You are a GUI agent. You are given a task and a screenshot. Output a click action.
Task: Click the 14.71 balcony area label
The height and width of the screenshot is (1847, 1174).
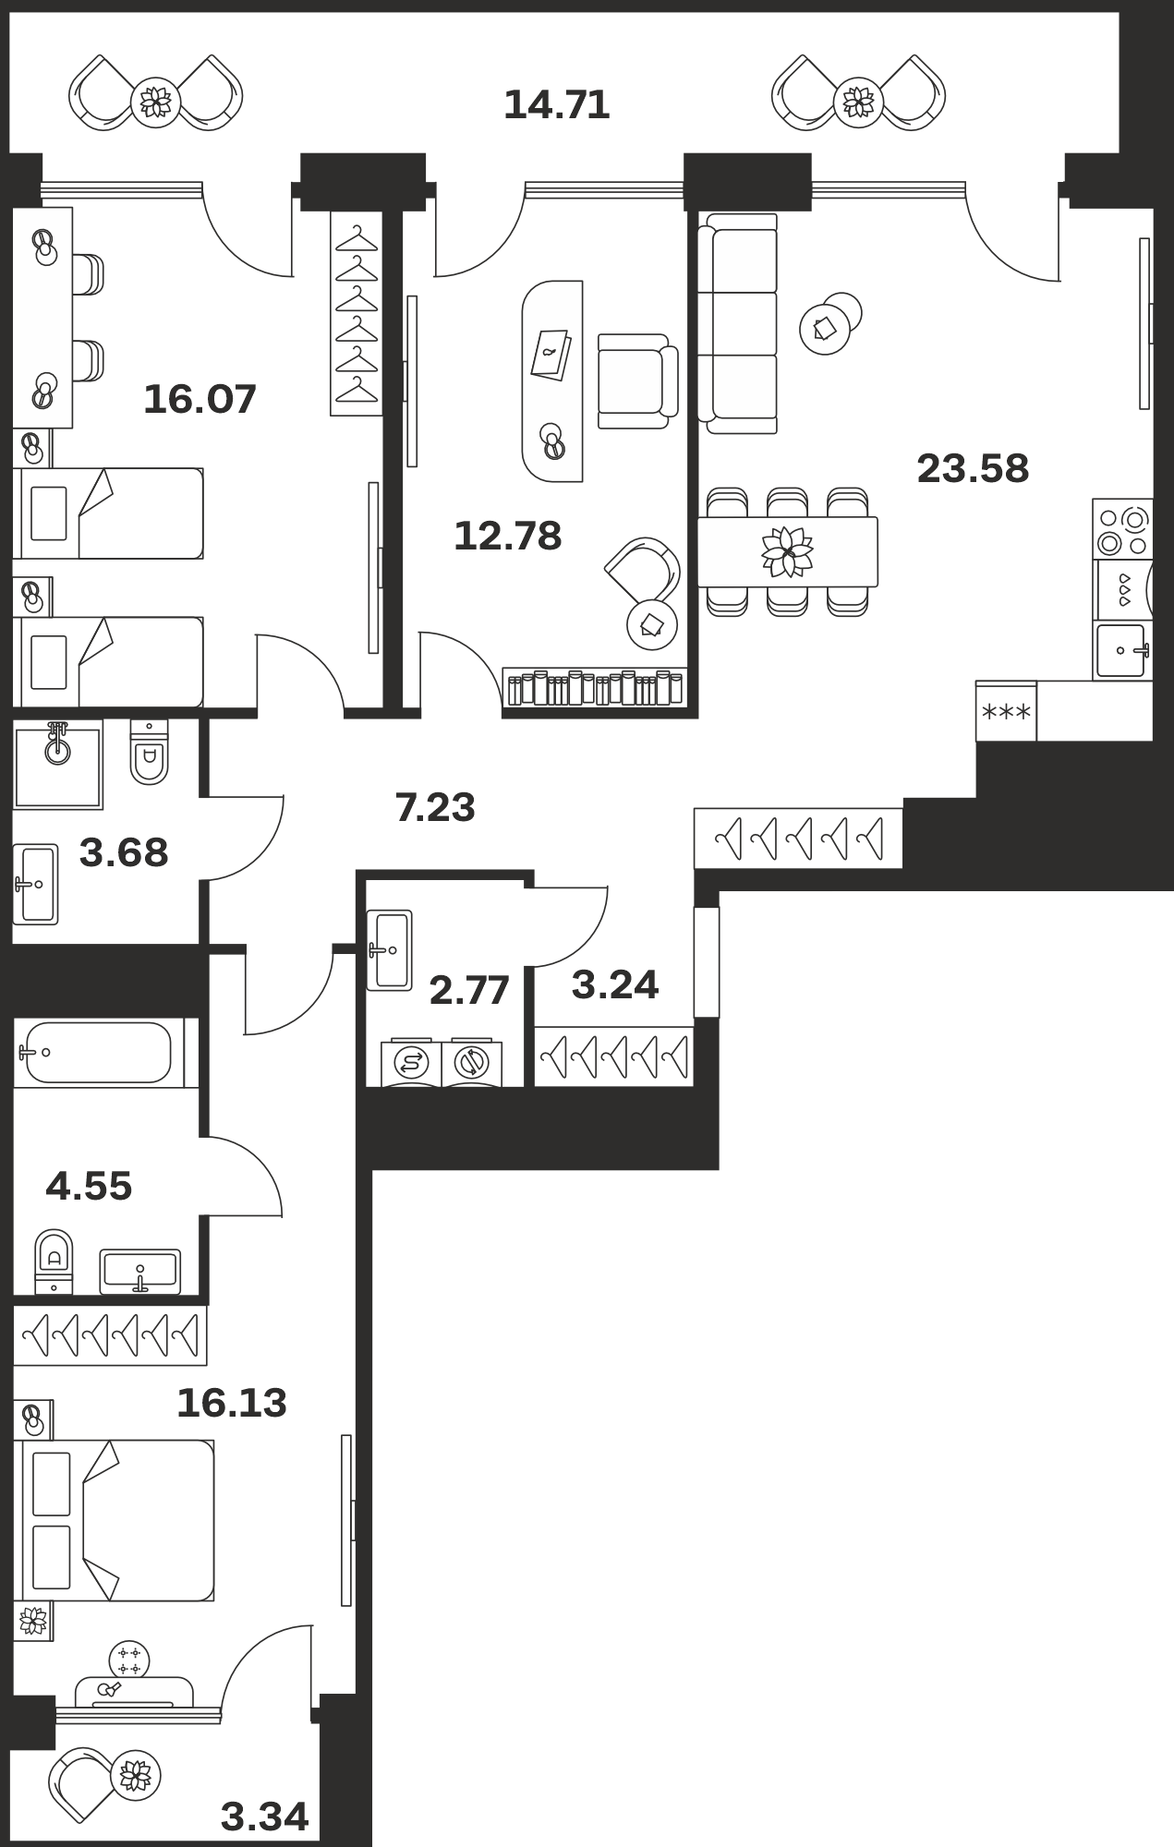coord(557,105)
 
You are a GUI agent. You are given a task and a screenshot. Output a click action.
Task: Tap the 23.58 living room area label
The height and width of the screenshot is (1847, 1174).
coord(973,468)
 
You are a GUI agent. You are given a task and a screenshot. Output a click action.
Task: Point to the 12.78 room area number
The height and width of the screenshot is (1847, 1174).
coord(508,536)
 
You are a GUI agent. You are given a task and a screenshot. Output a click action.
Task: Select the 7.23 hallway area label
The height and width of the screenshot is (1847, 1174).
coord(435,807)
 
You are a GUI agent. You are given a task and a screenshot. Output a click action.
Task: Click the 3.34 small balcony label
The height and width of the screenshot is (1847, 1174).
coord(265,1817)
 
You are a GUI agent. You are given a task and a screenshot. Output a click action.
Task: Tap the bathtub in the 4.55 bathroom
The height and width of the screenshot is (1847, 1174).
coord(99,1053)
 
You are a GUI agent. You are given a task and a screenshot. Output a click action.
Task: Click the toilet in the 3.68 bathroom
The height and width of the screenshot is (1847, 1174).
coord(150,752)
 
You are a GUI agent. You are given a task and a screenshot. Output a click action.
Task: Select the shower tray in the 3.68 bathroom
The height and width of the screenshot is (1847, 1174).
coord(57,764)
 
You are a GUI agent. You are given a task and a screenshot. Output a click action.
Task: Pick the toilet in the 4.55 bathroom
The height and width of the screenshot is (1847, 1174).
coord(54,1262)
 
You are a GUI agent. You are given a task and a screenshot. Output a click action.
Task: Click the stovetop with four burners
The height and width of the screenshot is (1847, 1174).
coord(1123,529)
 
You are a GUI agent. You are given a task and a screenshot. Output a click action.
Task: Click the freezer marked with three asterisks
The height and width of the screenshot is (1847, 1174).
coord(1006,711)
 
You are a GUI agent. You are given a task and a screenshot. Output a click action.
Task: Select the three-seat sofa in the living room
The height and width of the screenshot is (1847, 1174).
coord(738,323)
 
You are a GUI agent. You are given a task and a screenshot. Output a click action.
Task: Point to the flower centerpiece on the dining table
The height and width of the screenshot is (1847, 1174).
coord(787,552)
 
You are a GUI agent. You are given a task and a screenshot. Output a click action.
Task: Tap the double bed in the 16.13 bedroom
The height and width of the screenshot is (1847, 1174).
coord(115,1520)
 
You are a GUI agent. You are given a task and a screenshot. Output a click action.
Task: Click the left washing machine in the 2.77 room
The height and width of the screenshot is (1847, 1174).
coord(411,1062)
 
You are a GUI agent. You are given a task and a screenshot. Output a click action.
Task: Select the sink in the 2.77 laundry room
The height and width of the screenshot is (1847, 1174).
coord(389,950)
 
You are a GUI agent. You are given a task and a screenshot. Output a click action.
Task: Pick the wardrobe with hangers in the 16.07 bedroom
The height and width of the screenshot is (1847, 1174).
coord(357,313)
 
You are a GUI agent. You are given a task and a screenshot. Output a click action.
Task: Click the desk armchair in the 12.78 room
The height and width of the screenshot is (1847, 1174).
coord(637,380)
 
